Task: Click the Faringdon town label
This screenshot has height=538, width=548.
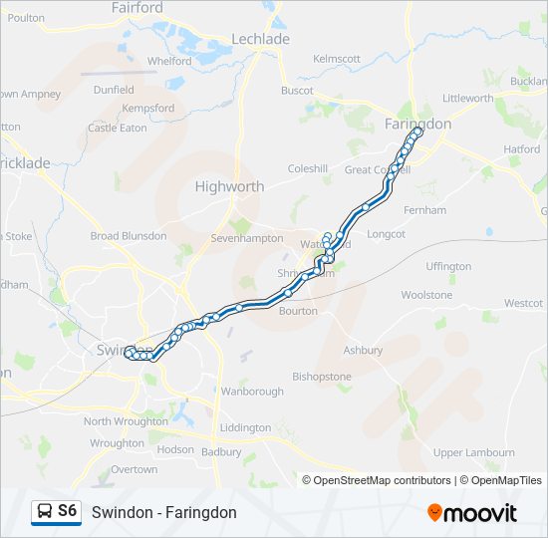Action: click(x=417, y=124)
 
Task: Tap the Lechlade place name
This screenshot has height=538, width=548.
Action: click(x=260, y=39)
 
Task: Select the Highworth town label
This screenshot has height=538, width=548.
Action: click(x=229, y=186)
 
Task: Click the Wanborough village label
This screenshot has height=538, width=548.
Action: click(x=252, y=392)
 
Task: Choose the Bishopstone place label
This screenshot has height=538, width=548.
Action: click(x=322, y=377)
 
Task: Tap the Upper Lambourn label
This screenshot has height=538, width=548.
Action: click(x=473, y=452)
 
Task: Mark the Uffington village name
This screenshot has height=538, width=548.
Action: click(x=448, y=267)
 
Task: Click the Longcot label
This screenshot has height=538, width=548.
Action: click(x=387, y=234)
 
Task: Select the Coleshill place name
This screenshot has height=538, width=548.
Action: click(x=307, y=169)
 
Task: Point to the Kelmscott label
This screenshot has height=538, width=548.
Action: click(x=337, y=59)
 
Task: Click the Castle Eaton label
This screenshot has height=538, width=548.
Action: click(x=118, y=128)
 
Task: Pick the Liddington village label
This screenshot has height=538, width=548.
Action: click(x=244, y=427)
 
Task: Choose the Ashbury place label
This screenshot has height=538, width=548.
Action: click(x=363, y=351)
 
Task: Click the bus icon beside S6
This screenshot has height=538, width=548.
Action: click(x=45, y=512)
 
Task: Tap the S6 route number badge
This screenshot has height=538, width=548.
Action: click(x=67, y=511)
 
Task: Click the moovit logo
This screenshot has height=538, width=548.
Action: click(x=472, y=512)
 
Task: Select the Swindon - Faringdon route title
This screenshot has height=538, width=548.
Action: click(x=164, y=512)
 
